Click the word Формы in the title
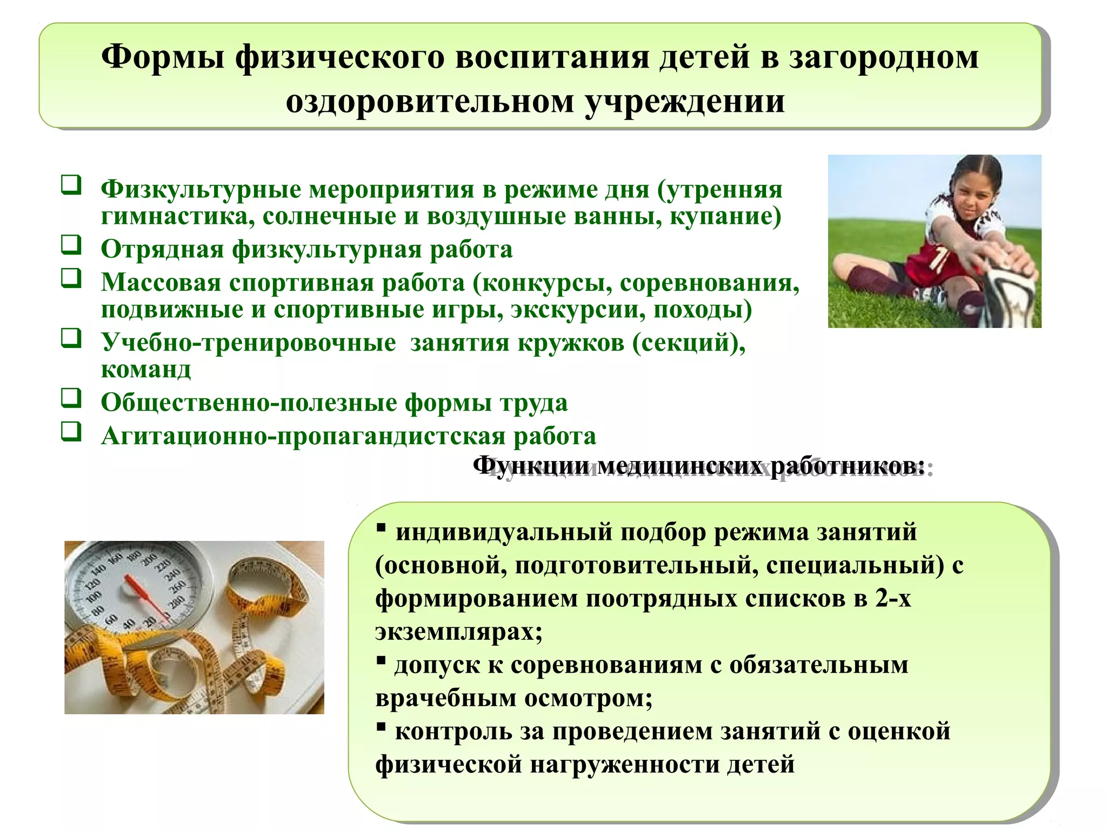162,57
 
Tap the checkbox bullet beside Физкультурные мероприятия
71,185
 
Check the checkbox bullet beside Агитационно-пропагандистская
71,431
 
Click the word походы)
703,310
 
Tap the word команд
146,370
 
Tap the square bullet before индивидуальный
381,527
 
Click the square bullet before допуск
381,660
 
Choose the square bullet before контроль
381,726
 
